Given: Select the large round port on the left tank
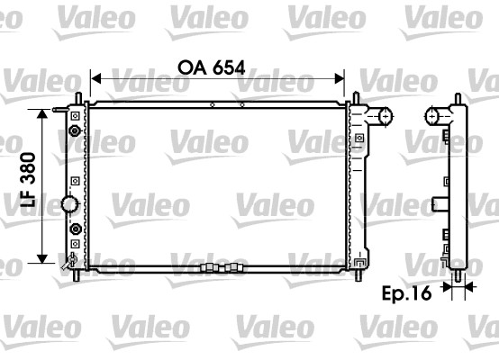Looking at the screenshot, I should pos(70,205).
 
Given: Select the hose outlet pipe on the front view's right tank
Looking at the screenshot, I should pos(384,115).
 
